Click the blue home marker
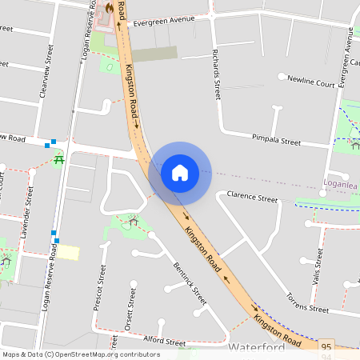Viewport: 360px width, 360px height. [x=180, y=172]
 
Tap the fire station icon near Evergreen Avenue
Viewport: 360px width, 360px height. [x=109, y=7]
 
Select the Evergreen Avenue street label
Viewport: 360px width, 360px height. [x=164, y=22]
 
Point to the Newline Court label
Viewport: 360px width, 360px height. [x=312, y=82]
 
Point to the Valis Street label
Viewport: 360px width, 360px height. [x=318, y=266]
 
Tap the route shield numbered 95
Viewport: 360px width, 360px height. [x=326, y=346]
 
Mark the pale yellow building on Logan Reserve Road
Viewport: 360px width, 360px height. [x=68, y=252]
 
